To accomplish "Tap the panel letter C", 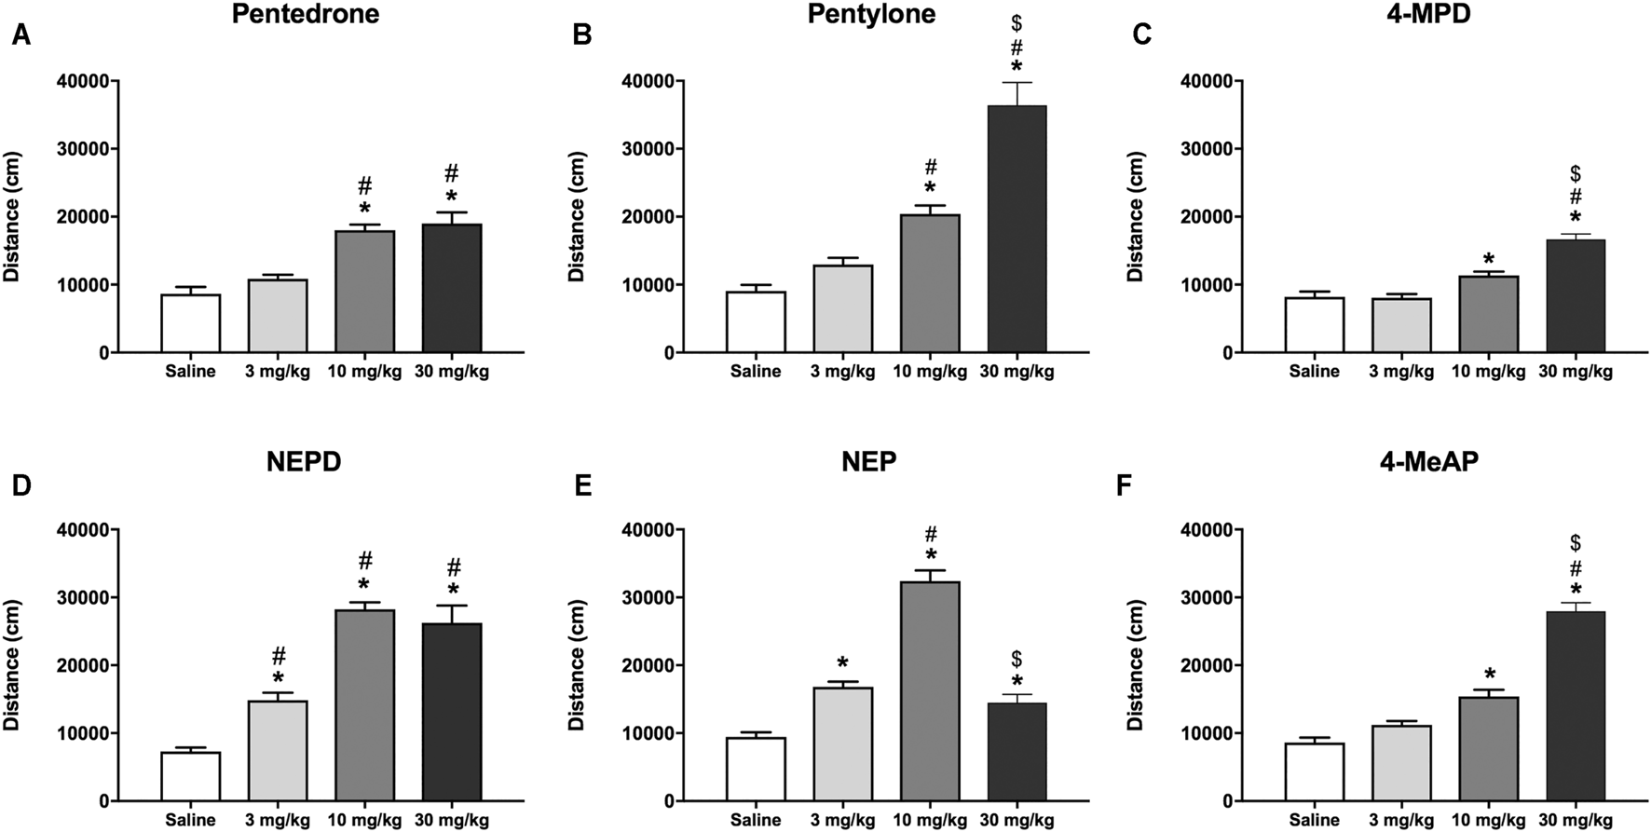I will pyautogui.click(x=1141, y=35).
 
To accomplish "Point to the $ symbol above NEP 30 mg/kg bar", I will pyautogui.click(x=1017, y=659).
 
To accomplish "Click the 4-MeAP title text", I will pyautogui.click(x=1428, y=461).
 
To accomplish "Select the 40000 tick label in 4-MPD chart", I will pyautogui.click(x=1207, y=81).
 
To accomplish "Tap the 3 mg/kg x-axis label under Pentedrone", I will pyautogui.click(x=278, y=372).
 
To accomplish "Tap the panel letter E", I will pyautogui.click(x=582, y=485).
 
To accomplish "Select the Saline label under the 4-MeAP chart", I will pyautogui.click(x=1314, y=821).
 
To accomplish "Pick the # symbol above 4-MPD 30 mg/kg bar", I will pyautogui.click(x=1576, y=196).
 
